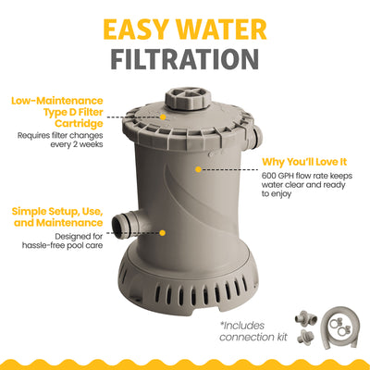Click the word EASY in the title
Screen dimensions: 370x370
pos(137,30)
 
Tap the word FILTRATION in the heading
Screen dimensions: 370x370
pos(185,59)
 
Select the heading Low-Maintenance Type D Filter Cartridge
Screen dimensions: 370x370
pos(57,112)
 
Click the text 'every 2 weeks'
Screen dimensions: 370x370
pos(77,144)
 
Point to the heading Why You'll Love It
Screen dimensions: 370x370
pos(304,162)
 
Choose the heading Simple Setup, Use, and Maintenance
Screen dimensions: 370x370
pos(57,217)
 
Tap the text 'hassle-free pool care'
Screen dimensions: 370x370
pos(63,245)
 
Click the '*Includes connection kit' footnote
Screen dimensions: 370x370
pos(253,331)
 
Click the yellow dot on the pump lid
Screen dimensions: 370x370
pos(163,117)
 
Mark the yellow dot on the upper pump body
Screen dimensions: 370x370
pos(199,169)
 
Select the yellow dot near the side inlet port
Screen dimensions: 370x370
pos(163,233)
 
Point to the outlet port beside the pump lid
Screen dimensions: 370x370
pos(255,136)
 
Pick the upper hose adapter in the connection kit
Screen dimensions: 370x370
pos(305,317)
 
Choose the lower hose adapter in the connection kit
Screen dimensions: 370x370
pos(305,338)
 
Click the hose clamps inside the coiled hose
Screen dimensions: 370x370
pos(339,326)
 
